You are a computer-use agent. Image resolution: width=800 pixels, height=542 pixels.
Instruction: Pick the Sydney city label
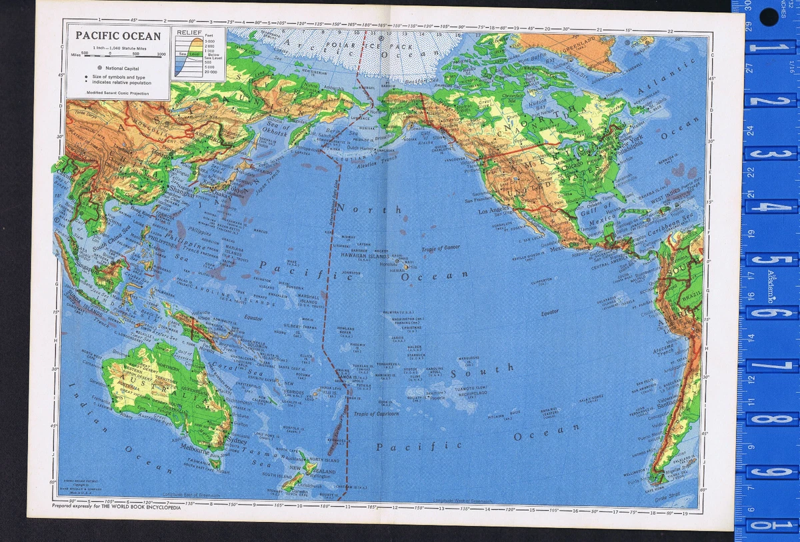(x=237, y=441)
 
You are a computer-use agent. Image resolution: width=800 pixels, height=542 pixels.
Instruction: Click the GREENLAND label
(x=587, y=45)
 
